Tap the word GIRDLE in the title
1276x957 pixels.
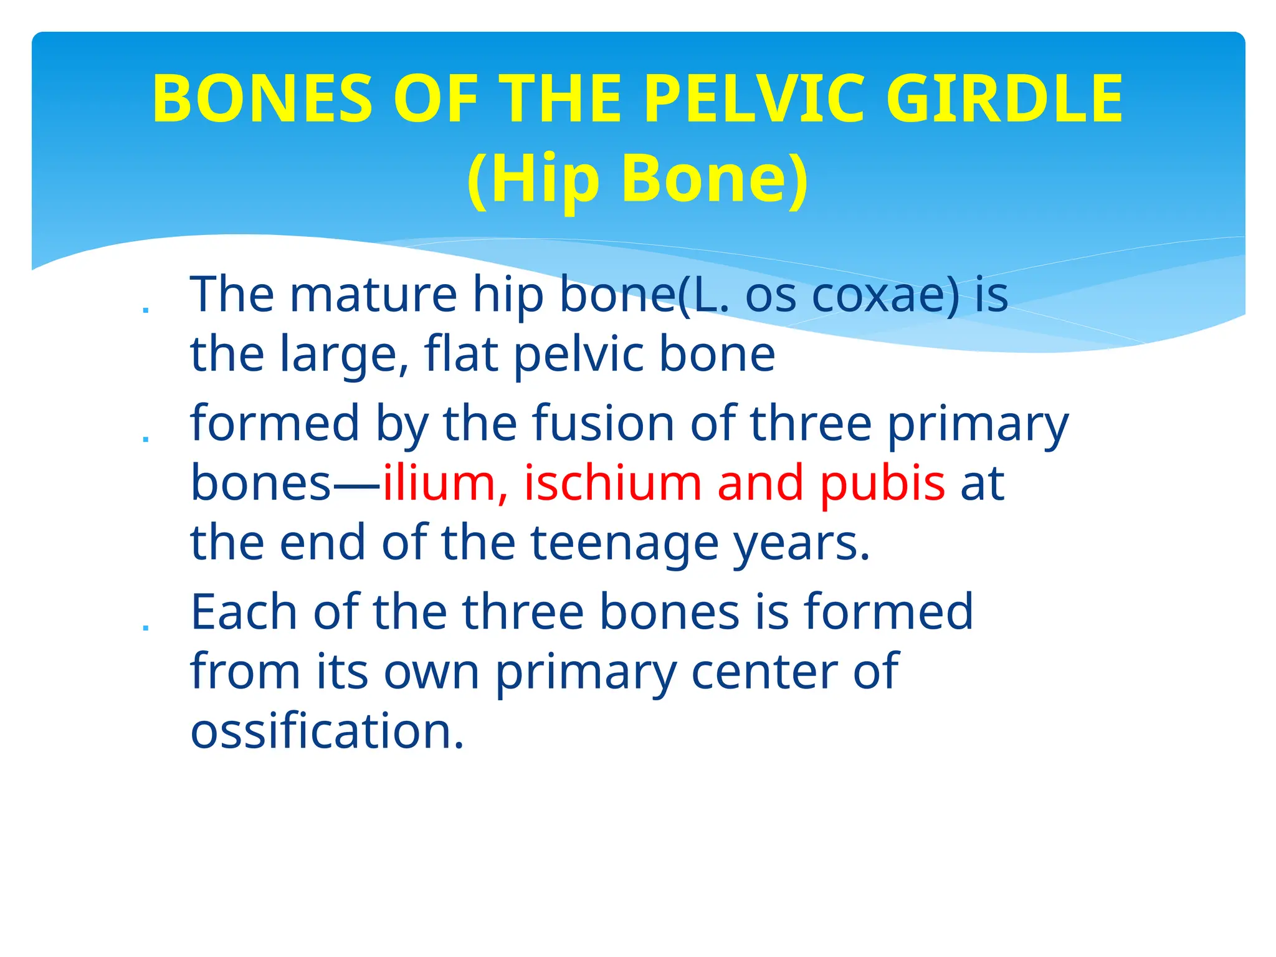pos(1004,98)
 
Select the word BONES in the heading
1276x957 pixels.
pos(262,98)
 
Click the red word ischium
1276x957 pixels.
pos(612,483)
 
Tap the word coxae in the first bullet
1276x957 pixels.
pos(885,294)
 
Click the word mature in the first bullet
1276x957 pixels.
pos(373,294)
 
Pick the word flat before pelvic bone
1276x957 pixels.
pos(461,353)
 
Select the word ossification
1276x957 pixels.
pos(327,730)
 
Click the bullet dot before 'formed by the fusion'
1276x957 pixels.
pos(146,439)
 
